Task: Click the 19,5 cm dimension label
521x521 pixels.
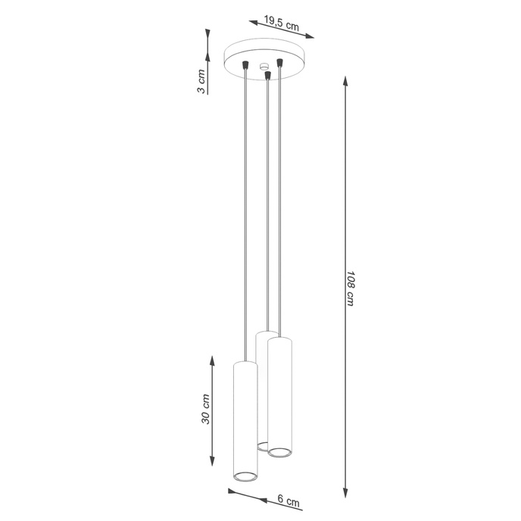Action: pyautogui.click(x=276, y=24)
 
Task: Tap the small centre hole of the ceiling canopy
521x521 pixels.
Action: pyautogui.click(x=264, y=67)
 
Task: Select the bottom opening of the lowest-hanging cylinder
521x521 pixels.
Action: pyautogui.click(x=245, y=476)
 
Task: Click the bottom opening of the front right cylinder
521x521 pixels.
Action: pyautogui.click(x=280, y=452)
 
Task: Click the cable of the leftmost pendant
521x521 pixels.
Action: pyautogui.click(x=245, y=227)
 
